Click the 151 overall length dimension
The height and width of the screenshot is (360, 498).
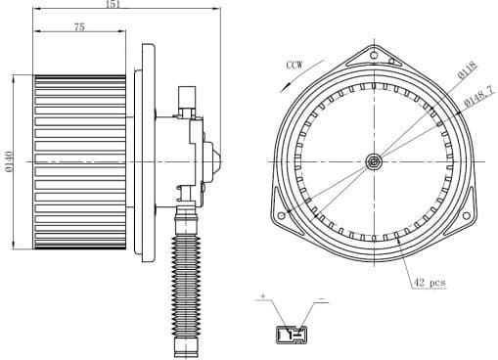[x=113, y=5]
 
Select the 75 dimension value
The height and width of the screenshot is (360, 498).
[x=78, y=27]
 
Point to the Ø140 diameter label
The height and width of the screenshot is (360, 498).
[x=7, y=161]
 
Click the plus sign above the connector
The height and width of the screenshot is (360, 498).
[x=262, y=294]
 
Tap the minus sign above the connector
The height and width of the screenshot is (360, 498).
[x=322, y=294]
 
